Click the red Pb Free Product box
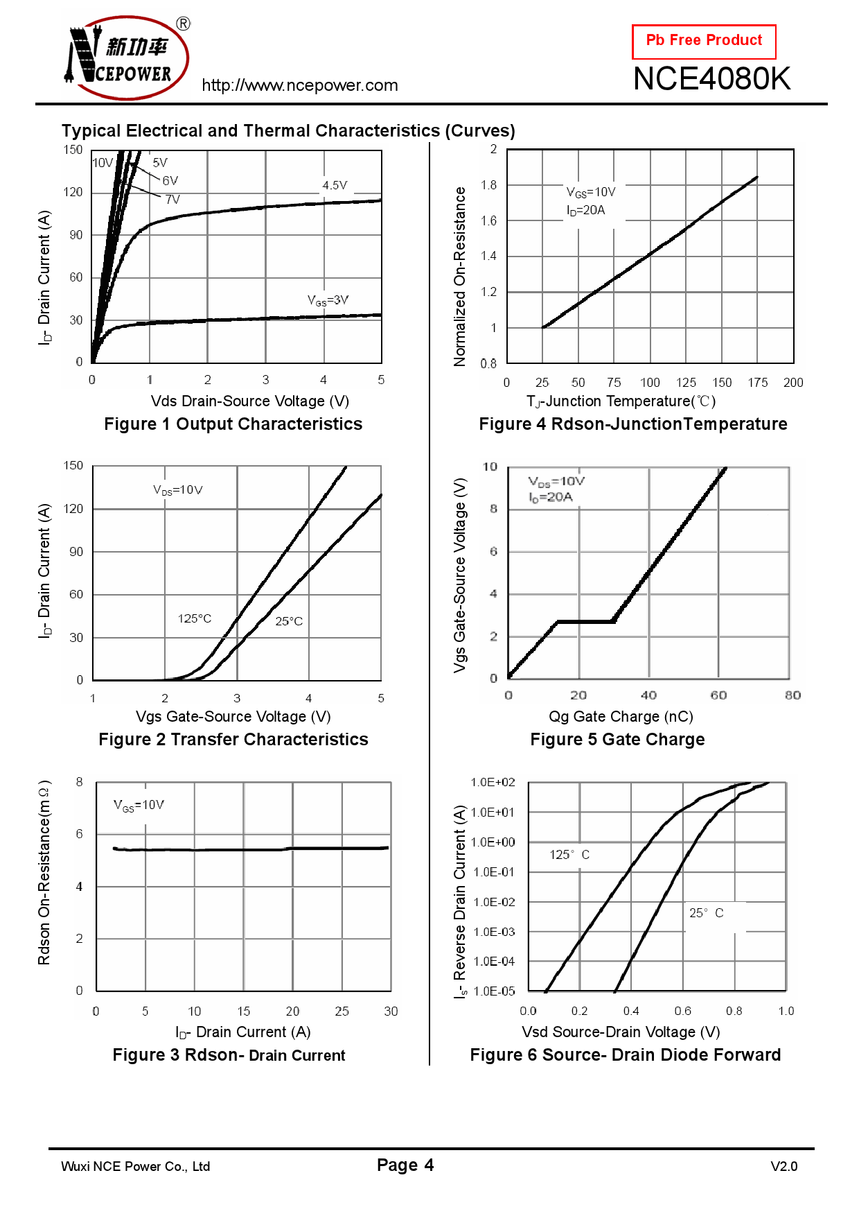(x=704, y=42)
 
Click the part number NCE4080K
(x=711, y=79)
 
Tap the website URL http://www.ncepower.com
(x=300, y=85)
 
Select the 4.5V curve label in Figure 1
(x=335, y=185)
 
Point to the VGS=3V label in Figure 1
(x=328, y=300)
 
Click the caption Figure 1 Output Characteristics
(x=233, y=424)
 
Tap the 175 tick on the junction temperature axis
(x=757, y=383)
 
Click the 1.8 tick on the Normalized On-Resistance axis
(x=488, y=185)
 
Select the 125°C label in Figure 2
(x=195, y=618)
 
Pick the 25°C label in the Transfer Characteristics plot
(x=289, y=621)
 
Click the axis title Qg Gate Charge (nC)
(x=621, y=716)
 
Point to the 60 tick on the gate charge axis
(x=718, y=695)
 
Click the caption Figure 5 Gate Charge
(x=617, y=740)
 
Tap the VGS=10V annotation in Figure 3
(x=139, y=805)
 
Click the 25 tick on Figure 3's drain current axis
(x=342, y=1011)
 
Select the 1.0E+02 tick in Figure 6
(x=493, y=783)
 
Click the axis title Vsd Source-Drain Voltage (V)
(x=621, y=1032)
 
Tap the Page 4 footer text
(x=405, y=1165)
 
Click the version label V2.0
(x=783, y=1167)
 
